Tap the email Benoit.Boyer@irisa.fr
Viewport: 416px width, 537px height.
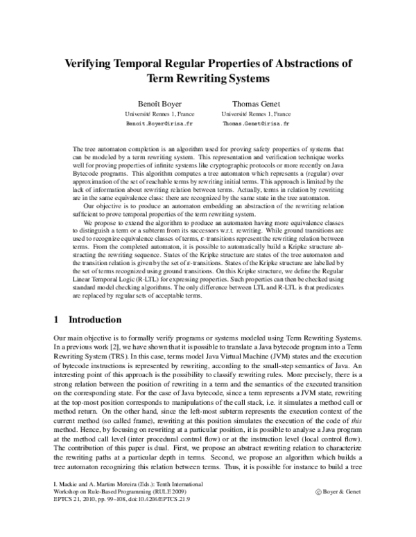coord(154,123)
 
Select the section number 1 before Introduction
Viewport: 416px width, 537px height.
coord(56,320)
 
